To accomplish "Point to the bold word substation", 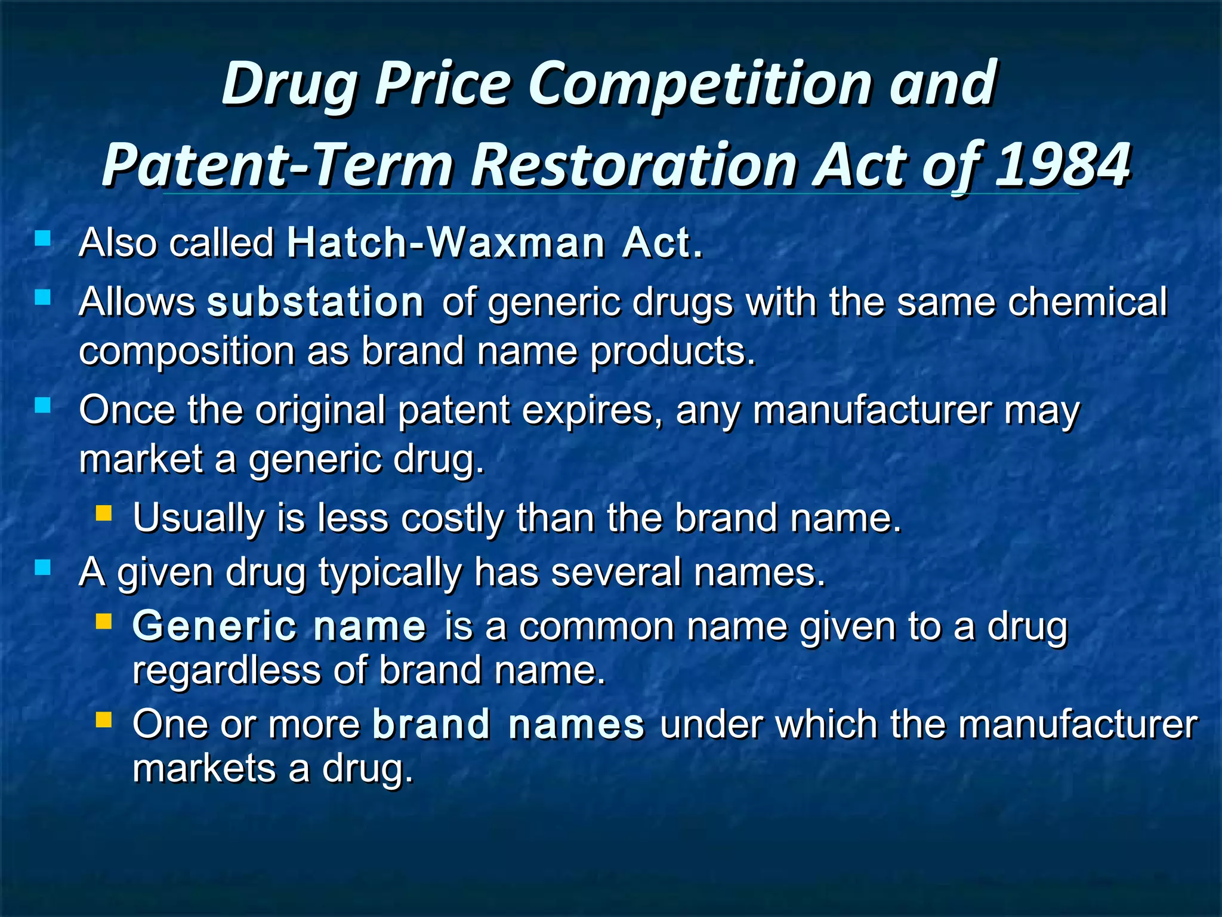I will tap(315, 302).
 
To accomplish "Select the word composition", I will tap(187, 351).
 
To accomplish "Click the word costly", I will tap(452, 518).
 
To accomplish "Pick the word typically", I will tap(390, 572).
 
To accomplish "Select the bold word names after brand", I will tap(576, 724).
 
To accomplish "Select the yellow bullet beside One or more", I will tap(104, 720).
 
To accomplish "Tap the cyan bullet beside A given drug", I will tap(43, 568).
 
